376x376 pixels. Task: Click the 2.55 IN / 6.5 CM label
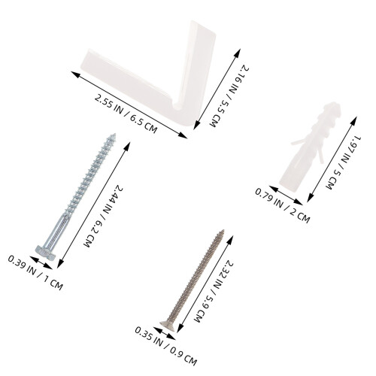pos(126,114)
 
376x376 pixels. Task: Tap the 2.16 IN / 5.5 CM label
pos(229,96)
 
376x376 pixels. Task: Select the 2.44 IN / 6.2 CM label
pos(103,216)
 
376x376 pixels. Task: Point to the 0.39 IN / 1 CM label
pos(35,272)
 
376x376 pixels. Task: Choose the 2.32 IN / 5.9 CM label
pos(214,291)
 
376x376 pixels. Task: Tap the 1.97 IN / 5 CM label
pos(343,162)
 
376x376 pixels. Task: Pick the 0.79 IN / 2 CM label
pos(283,205)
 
